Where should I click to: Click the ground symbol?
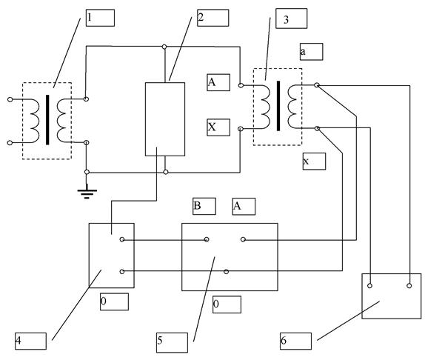(x=87, y=192)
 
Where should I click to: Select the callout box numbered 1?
(x=100, y=18)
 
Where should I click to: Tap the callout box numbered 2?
(x=213, y=18)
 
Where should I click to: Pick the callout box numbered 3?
(x=292, y=19)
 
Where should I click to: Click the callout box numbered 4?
(x=30, y=341)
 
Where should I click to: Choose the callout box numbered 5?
(x=172, y=343)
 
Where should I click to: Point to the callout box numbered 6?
(x=295, y=341)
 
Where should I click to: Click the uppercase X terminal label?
(x=218, y=127)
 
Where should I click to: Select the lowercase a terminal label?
(x=312, y=52)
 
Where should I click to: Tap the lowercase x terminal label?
(x=314, y=161)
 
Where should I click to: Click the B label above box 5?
(x=204, y=206)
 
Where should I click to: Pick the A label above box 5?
(x=244, y=207)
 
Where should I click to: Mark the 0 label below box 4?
(x=114, y=301)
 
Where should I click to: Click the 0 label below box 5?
(x=227, y=304)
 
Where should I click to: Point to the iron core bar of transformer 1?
(x=47, y=120)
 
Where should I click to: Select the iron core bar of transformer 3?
(x=278, y=106)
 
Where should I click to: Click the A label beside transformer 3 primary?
(x=218, y=82)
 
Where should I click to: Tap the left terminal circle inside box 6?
(x=369, y=285)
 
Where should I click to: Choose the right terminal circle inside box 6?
(x=409, y=285)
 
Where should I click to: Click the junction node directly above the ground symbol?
(x=87, y=172)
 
